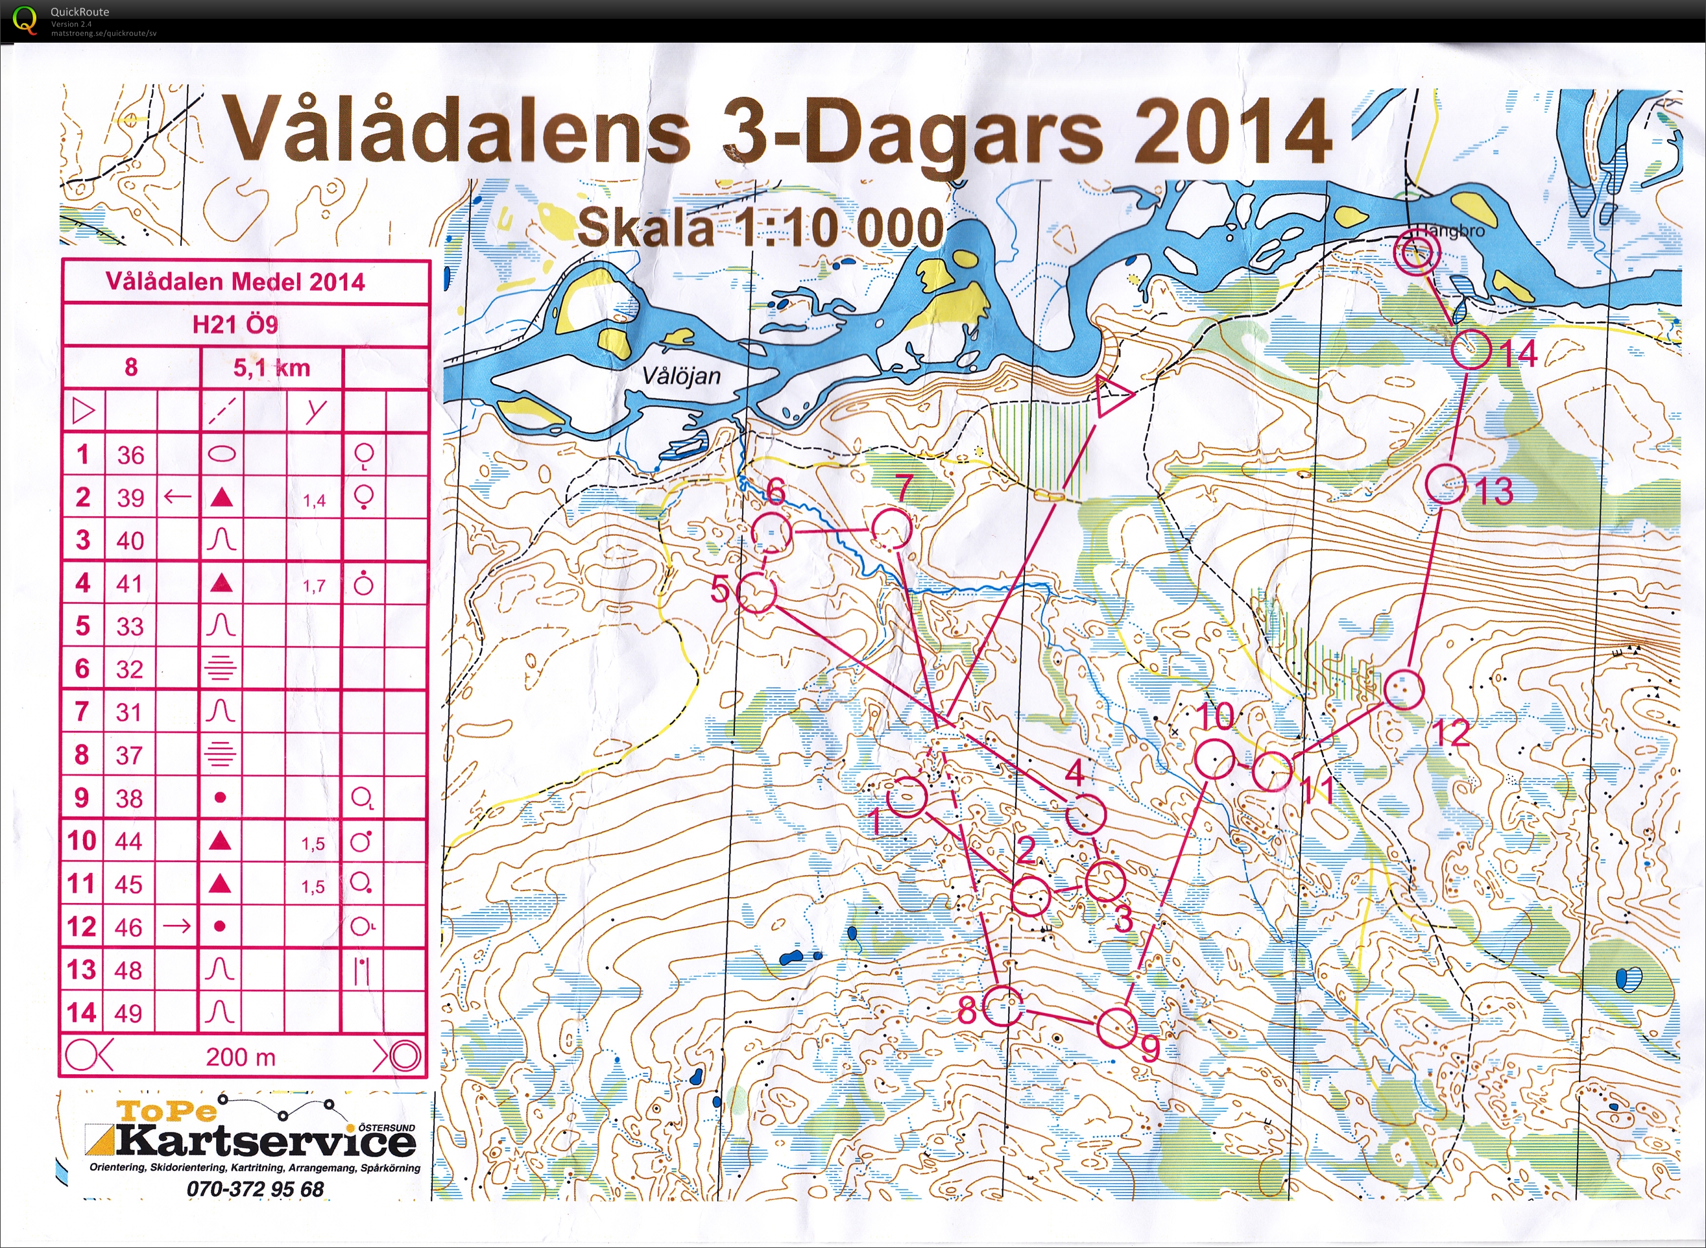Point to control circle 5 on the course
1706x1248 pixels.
point(756,592)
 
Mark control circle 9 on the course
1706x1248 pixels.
point(1116,1027)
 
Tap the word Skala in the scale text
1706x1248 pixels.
point(645,228)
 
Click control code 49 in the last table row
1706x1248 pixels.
point(128,1013)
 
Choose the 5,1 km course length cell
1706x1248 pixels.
point(271,368)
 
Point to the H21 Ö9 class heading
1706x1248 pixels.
point(235,325)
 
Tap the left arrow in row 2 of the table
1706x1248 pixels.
point(178,497)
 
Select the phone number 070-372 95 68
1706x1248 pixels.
point(255,1188)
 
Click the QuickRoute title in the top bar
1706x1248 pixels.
point(79,11)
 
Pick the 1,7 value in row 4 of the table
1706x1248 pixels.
point(313,586)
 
